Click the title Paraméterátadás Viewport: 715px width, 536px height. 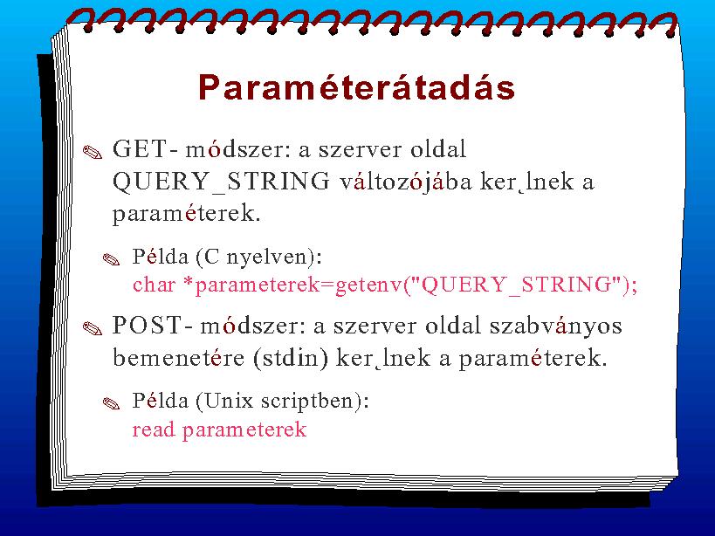pos(356,86)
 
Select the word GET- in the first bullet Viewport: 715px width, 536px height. pos(146,149)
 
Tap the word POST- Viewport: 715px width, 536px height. pos(153,326)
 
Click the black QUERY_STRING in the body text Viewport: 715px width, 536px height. pos(221,182)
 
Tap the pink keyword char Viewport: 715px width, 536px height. pos(155,285)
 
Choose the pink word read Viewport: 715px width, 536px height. pos(154,429)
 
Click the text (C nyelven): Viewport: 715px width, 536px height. pos(259,257)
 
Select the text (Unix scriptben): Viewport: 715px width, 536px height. pos(282,401)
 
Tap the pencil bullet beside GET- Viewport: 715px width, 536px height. pos(93,152)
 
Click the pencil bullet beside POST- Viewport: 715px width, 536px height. pos(93,328)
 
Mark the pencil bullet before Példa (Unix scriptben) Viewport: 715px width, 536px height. pos(111,403)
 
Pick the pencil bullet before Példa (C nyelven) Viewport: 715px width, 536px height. pos(111,260)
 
